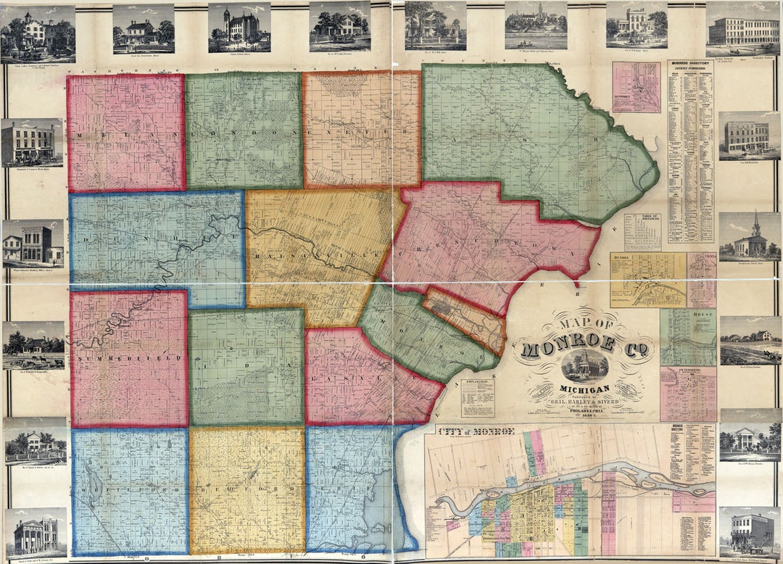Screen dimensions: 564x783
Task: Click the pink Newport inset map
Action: point(636,87)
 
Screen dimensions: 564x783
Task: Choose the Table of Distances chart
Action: point(642,232)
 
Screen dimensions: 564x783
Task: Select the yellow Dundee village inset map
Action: point(647,280)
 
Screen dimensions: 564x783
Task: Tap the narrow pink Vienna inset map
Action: point(701,280)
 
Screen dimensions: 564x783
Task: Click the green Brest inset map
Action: point(687,337)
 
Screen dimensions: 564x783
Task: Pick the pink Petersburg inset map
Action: point(687,394)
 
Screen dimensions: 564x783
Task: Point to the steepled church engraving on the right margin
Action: point(749,237)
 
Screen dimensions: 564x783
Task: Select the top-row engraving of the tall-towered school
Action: point(239,28)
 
